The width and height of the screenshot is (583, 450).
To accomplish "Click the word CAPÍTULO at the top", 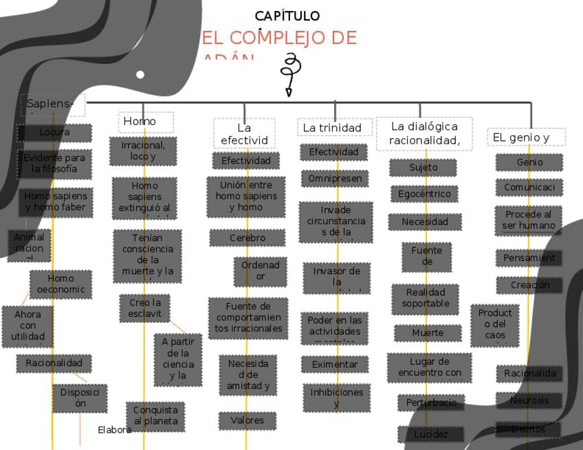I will pos(287,16).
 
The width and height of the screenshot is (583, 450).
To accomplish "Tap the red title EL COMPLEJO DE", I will pos(279,38).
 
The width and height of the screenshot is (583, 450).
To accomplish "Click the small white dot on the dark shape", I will pos(140,74).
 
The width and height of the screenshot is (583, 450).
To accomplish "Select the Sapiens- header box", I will pos(53,104).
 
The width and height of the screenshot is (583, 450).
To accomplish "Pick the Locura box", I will pos(54,133).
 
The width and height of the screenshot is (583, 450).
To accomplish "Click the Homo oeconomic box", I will pos(60,284).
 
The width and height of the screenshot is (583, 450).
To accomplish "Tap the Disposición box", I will pos(80,398).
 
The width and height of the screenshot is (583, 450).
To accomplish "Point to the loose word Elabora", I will pos(114,430).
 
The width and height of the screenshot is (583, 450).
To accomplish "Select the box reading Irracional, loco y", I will pos(143,151).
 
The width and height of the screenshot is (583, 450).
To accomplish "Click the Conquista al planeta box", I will pos(155,416).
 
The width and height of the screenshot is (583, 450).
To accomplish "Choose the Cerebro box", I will pos(247,238).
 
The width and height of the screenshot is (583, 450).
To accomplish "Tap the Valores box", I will pos(247,420).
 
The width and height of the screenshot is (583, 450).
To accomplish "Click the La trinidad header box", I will pos(332,128).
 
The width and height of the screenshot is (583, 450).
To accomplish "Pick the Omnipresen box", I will pos(334,179).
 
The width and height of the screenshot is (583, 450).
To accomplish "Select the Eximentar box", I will pos(335,364).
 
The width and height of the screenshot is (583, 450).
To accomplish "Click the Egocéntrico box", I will pos(424,194).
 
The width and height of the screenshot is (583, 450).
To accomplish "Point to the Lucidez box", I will pos(431,434).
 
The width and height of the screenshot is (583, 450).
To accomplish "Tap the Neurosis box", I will pos(529,401).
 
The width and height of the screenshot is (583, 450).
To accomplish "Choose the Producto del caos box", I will pos(495,324).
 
